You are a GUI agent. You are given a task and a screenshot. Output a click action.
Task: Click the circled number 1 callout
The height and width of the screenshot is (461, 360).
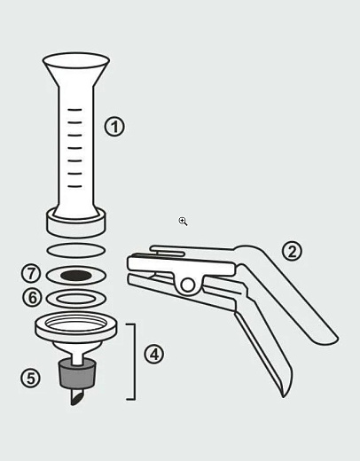tap(114, 127)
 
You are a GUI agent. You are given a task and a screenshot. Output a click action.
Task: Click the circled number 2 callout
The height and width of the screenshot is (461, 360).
tap(292, 252)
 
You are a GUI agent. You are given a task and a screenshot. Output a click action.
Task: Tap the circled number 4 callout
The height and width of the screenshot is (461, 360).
tap(154, 354)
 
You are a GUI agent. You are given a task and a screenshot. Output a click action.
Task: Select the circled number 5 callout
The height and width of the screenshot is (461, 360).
tap(30, 379)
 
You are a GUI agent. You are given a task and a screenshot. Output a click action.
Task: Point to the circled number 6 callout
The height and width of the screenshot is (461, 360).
tap(33, 297)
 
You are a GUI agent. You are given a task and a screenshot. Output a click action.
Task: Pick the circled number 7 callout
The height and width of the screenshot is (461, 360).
tap(31, 274)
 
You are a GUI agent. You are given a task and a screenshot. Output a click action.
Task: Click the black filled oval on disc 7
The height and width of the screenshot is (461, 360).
tap(76, 276)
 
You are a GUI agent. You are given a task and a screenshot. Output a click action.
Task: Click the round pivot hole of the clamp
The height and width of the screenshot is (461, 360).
tap(187, 285)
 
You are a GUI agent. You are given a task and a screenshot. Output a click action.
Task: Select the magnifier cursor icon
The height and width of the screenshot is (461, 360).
tap(183, 222)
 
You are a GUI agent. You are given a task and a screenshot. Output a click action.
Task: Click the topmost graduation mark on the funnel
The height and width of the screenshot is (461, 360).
tap(74, 110)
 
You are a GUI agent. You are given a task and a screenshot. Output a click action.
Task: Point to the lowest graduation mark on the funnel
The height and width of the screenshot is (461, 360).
tap(74, 186)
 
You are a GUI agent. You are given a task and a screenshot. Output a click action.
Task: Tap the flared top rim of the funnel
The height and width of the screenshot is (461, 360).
tap(76, 61)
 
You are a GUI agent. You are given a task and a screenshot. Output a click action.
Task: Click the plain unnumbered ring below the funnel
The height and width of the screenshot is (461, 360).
tap(76, 244)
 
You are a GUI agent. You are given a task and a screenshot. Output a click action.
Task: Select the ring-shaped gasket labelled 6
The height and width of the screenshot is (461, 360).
tap(76, 293)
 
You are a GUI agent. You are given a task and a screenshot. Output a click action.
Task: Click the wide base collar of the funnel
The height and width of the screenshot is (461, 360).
tap(75, 226)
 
